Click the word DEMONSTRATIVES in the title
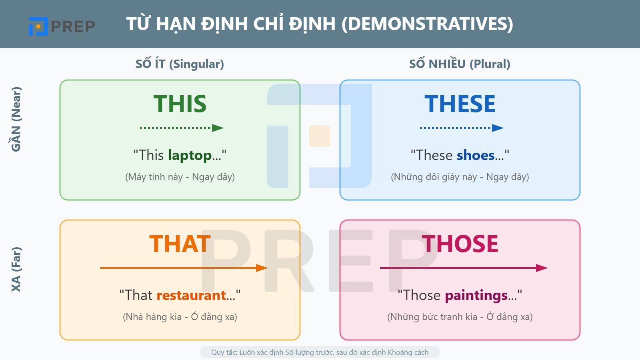tap(427, 24)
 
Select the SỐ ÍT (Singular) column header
tap(180, 64)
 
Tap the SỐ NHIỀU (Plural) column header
tap(460, 64)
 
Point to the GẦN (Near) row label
tap(16, 119)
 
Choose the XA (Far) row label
tap(16, 269)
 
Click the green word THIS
tap(180, 104)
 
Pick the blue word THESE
tap(460, 104)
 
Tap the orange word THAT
tap(180, 244)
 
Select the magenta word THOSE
tap(460, 244)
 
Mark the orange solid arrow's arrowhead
tap(262, 268)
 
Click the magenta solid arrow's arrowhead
tap(542, 268)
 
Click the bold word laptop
tap(190, 155)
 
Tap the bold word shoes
tap(476, 155)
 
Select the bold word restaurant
tap(191, 295)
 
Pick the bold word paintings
tap(476, 295)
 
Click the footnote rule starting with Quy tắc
tap(320, 352)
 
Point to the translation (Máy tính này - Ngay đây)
tap(180, 177)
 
